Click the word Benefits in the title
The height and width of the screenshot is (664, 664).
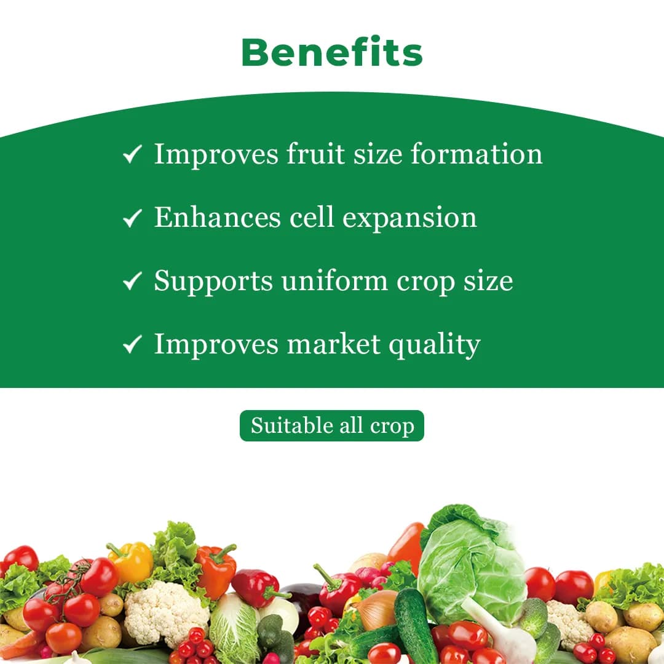[332, 53]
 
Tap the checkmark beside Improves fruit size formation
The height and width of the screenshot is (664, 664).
[132, 154]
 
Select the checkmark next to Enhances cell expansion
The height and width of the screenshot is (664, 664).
[132, 218]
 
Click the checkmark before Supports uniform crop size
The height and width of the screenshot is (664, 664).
[132, 282]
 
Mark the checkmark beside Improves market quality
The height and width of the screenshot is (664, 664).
[132, 345]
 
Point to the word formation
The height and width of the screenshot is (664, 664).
[476, 154]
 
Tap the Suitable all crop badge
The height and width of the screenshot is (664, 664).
[332, 425]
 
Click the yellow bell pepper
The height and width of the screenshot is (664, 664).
[131, 563]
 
